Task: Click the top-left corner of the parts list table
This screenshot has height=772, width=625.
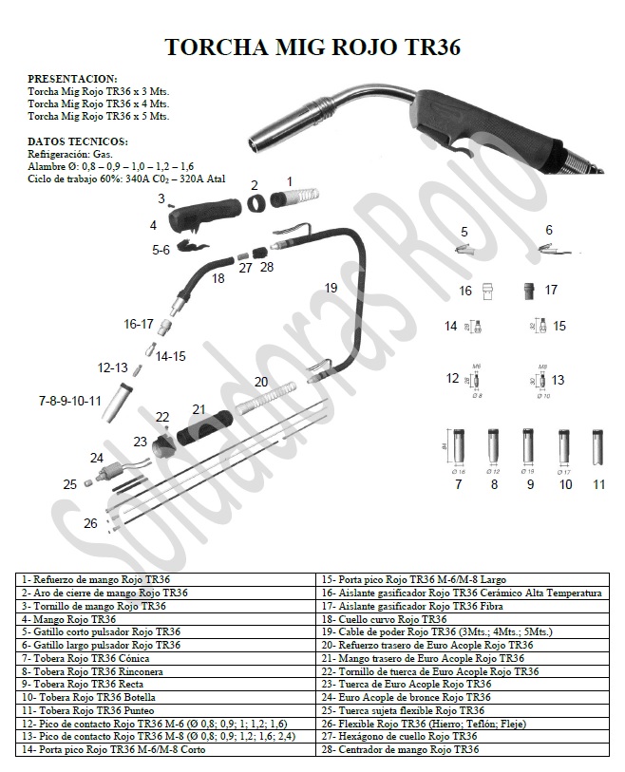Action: click(x=16, y=574)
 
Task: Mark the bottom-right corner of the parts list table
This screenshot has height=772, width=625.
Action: click(x=609, y=756)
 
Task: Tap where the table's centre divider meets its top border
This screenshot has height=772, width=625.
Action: click(x=315, y=574)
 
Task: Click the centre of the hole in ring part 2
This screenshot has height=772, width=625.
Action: click(x=256, y=203)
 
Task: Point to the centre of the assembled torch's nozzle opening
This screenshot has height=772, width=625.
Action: click(x=256, y=144)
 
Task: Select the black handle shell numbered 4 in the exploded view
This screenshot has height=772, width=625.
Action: click(x=203, y=215)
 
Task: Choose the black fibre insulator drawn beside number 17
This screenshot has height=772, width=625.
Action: click(x=528, y=291)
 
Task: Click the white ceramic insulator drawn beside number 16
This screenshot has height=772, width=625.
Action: click(x=487, y=292)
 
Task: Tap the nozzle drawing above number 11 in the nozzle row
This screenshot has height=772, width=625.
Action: click(x=597, y=447)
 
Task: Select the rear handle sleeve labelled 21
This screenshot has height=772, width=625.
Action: click(x=204, y=428)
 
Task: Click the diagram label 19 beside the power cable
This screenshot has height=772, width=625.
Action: click(x=331, y=288)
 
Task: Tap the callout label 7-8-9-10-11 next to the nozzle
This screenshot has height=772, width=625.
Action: click(x=70, y=402)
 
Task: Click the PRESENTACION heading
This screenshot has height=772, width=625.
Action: click(x=72, y=79)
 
